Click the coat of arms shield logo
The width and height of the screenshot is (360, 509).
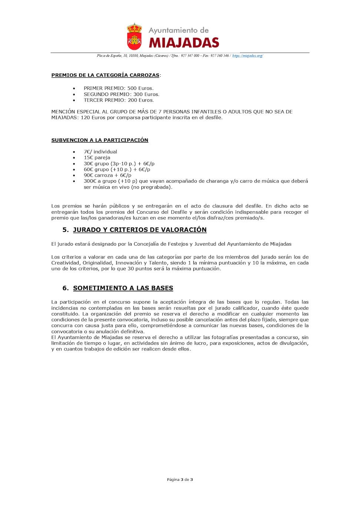point(134,37)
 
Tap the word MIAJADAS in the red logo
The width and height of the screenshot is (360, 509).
point(184,43)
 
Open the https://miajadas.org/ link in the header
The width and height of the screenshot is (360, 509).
point(247,56)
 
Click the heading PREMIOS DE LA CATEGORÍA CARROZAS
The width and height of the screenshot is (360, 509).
point(105,75)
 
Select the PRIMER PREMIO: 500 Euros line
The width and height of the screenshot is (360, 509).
point(119,88)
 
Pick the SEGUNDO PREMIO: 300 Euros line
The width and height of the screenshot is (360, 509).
point(121,94)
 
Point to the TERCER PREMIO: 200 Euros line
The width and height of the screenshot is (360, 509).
point(119,100)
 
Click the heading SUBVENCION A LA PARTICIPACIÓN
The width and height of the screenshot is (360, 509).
point(100,140)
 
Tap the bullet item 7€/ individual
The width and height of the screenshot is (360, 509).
point(100,152)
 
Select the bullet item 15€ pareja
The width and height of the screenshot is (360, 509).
point(97,157)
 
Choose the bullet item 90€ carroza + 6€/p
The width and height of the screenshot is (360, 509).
point(107,175)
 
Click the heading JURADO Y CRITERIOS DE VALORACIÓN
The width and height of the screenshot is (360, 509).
point(140,230)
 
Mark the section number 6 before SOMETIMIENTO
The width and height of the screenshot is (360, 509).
point(65,288)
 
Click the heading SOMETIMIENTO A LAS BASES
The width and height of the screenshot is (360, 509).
point(123,288)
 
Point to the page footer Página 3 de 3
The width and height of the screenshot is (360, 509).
point(180,479)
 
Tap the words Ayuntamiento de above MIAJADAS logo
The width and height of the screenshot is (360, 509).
point(179,30)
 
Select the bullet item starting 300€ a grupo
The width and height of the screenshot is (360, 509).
point(196,181)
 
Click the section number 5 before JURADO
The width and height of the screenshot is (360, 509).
point(65,230)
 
